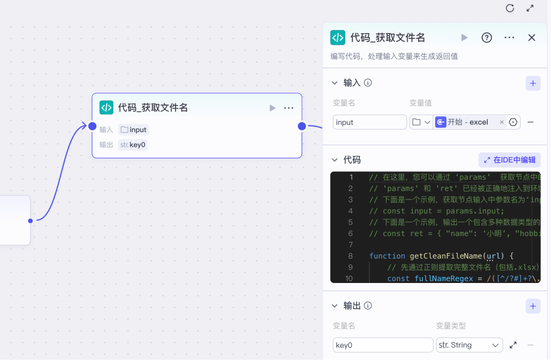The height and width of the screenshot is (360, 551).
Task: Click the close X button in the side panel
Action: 531,38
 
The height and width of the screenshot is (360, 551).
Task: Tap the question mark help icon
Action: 486,38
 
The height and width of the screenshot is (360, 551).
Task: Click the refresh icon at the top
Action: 510,8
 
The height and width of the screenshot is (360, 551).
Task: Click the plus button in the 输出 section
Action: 533,306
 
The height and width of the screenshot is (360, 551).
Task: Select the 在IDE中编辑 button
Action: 509,160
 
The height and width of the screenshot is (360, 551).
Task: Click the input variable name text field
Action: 370,122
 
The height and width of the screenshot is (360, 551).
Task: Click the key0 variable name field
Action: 383,345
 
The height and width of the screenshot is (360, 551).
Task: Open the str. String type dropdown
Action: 469,345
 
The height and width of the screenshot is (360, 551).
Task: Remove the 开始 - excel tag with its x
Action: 502,122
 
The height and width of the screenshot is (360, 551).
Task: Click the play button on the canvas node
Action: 272,108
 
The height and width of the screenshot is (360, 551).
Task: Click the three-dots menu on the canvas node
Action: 288,108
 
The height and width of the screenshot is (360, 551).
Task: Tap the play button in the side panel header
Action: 464,38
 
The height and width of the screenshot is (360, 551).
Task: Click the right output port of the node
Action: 302,126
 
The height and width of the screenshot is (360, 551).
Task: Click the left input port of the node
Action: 92,126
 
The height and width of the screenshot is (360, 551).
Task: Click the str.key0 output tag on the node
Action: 133,145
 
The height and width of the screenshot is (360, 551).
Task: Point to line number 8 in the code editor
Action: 350,255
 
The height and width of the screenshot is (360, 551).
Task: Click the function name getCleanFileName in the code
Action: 446,255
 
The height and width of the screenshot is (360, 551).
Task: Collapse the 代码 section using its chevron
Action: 335,160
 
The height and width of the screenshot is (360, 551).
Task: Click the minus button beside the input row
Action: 531,122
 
